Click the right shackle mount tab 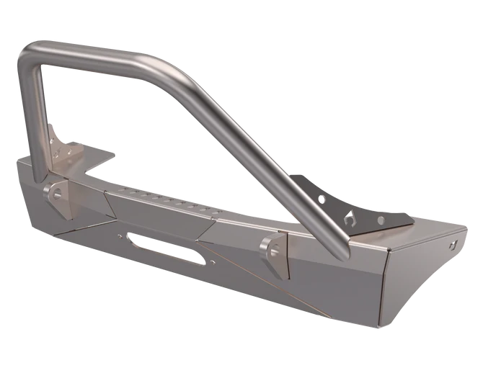272,250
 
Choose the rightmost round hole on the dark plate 376,220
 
